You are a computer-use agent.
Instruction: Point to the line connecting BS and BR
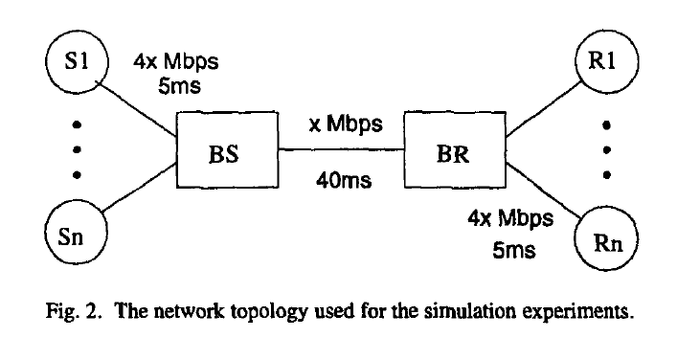(339, 150)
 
